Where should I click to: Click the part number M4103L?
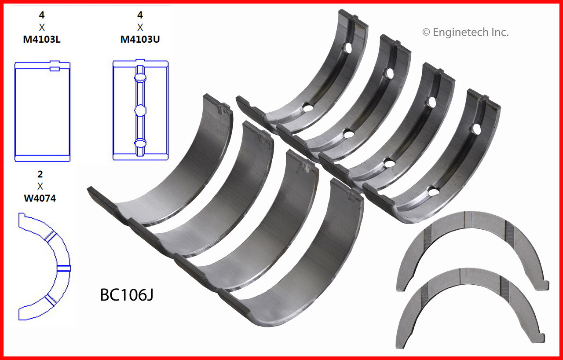(42, 39)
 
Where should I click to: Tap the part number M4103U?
(140, 39)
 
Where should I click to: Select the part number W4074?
(40, 198)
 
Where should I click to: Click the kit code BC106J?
(127, 294)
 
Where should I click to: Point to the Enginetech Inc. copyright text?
(465, 32)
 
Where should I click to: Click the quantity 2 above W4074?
(40, 174)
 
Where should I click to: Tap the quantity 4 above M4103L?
(42, 15)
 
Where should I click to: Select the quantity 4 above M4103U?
(140, 15)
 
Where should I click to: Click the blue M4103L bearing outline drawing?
(43, 111)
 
